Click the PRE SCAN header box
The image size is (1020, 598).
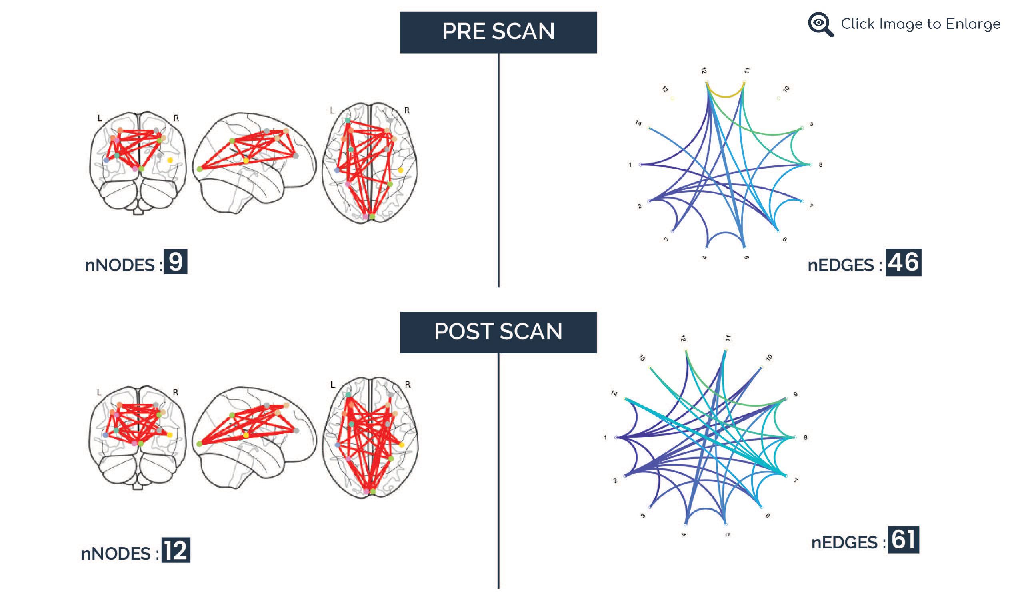coord(498,32)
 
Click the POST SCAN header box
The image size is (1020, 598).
coord(498,332)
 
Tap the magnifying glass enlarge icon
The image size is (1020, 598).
coord(820,24)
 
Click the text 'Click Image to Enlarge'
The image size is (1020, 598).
coord(920,24)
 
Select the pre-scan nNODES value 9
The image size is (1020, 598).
coord(175,262)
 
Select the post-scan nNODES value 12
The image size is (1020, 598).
coord(176,550)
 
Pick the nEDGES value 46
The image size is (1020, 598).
coord(903,263)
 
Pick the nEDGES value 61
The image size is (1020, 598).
coord(903,540)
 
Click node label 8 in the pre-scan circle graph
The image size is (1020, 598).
coord(820,165)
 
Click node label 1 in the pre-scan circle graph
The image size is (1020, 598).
coord(630,165)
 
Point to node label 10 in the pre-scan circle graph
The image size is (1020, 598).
coord(786,89)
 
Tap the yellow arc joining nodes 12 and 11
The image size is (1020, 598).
coord(725,96)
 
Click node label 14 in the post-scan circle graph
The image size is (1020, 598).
coord(614,393)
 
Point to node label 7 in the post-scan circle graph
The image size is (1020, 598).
coord(795,480)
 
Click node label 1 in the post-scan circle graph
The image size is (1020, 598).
coord(606,437)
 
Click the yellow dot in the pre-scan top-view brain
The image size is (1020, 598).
coord(400,170)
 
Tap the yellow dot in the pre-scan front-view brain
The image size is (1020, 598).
coord(170,161)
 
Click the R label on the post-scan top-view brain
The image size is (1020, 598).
coord(408,385)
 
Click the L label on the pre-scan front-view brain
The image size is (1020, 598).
coord(100,118)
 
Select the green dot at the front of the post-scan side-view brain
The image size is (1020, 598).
coord(200,444)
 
